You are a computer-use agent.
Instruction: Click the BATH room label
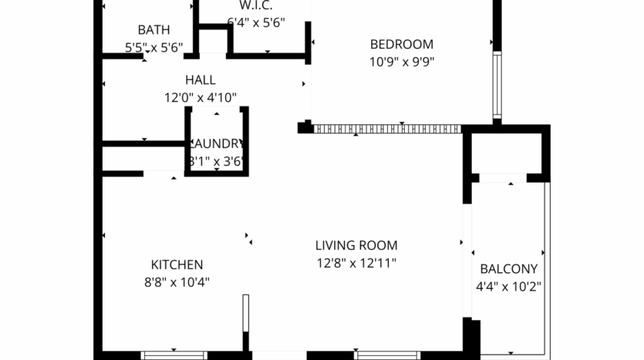153,30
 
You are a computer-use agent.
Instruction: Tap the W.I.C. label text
256,6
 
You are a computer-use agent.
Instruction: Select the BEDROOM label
401,45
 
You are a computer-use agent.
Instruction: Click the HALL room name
200,80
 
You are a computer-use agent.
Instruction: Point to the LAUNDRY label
217,144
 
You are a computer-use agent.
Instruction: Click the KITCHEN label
177,264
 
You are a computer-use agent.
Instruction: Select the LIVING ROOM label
356,246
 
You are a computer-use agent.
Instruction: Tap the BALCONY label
508,269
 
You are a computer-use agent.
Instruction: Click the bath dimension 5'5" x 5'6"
153,48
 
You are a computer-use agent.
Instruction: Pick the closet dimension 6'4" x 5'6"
256,22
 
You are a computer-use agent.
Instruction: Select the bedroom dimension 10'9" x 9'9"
401,62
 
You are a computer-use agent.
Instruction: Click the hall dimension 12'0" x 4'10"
200,98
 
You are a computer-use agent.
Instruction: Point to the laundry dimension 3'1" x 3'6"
217,162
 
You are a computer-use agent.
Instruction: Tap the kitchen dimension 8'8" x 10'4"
177,282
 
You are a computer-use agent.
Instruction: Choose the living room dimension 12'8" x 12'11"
356,264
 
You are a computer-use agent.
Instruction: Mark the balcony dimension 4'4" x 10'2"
508,287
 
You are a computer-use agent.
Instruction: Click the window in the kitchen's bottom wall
174,355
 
